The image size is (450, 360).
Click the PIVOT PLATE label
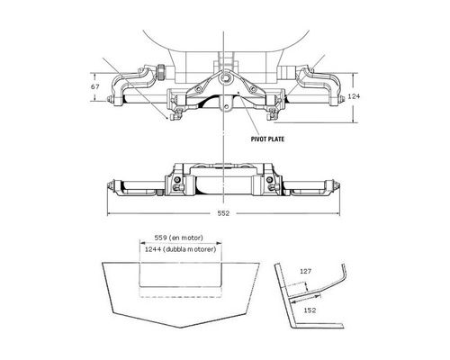click(267, 139)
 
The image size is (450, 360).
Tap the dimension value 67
click(95, 86)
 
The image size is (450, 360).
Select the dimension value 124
click(354, 96)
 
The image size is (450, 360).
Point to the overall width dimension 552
click(223, 213)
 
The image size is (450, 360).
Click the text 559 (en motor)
click(178, 238)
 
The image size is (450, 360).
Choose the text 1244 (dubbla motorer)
click(180, 249)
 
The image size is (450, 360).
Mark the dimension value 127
click(306, 271)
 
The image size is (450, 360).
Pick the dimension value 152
click(310, 310)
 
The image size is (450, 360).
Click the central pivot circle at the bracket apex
click(224, 79)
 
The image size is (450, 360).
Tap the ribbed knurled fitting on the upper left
click(161, 73)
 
